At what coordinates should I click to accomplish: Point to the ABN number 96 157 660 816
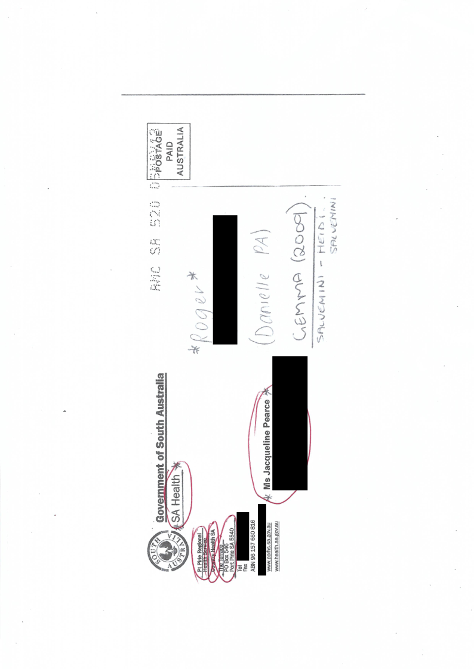[x=254, y=546]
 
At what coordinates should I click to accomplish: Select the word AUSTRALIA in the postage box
[x=179, y=146]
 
